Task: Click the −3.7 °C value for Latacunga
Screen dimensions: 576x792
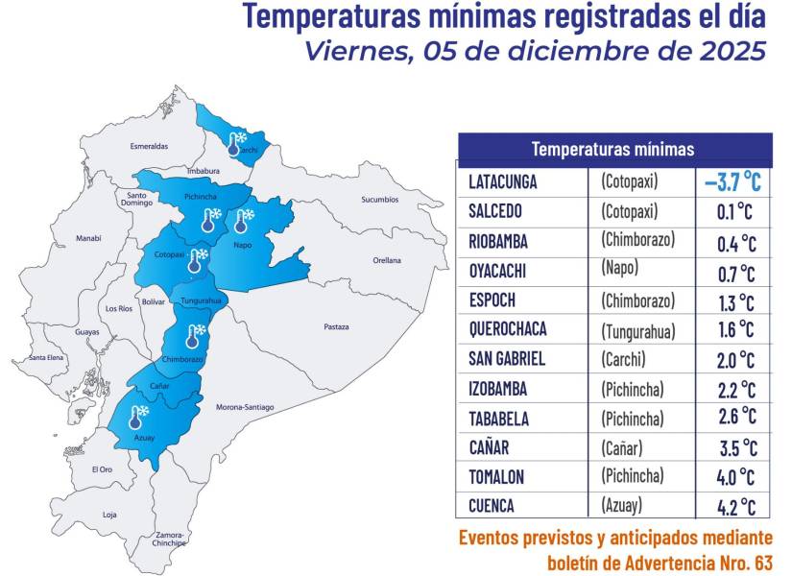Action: [x=732, y=181]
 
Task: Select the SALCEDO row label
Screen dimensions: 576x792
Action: [x=497, y=211]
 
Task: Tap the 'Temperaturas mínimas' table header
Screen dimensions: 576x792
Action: [x=612, y=149]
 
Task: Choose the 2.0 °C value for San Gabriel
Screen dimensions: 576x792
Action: [x=736, y=359]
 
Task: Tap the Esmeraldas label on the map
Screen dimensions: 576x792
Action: [x=149, y=146]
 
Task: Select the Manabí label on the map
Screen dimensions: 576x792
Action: [x=88, y=238]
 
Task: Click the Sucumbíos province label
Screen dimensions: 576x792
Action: [x=379, y=200]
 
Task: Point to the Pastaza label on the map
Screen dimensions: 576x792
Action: [x=336, y=327]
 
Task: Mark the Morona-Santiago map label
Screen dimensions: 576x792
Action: [x=245, y=407]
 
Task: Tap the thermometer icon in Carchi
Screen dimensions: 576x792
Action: [x=235, y=143]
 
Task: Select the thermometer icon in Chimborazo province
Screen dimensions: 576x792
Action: [x=193, y=336]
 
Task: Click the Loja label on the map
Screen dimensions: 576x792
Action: [x=109, y=515]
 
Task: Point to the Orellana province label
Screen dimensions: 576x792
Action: [x=387, y=260]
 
